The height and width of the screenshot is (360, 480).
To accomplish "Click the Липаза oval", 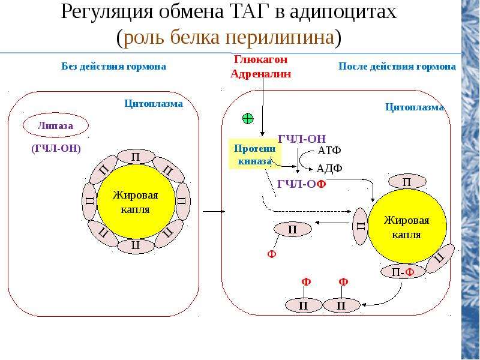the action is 56,125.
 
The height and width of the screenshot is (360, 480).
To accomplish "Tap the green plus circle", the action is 248,118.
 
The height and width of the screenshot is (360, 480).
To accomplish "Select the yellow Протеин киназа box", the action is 254,154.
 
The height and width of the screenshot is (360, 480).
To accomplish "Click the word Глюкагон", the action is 261,59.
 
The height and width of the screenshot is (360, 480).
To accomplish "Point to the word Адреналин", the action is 261,74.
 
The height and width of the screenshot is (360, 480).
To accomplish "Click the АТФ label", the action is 329,151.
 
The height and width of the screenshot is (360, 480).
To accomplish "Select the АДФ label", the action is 329,169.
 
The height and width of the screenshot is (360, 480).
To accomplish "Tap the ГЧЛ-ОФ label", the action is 302,184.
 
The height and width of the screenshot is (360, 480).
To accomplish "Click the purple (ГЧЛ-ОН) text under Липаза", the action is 56,148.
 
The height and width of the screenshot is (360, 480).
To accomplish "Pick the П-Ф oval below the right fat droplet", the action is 403,272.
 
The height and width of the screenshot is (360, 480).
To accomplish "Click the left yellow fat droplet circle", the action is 136,202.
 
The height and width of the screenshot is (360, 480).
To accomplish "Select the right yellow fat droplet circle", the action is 407,227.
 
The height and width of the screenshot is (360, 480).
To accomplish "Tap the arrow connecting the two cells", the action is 214,211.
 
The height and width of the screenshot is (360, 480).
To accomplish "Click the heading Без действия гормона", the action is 114,67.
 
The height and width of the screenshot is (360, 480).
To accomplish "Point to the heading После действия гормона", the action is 397,67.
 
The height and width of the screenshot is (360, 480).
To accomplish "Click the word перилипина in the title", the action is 280,38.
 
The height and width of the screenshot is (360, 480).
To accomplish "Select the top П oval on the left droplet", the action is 136,157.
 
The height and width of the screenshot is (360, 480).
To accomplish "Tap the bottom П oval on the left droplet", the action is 136,246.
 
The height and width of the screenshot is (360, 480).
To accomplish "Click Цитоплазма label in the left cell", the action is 154,103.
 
